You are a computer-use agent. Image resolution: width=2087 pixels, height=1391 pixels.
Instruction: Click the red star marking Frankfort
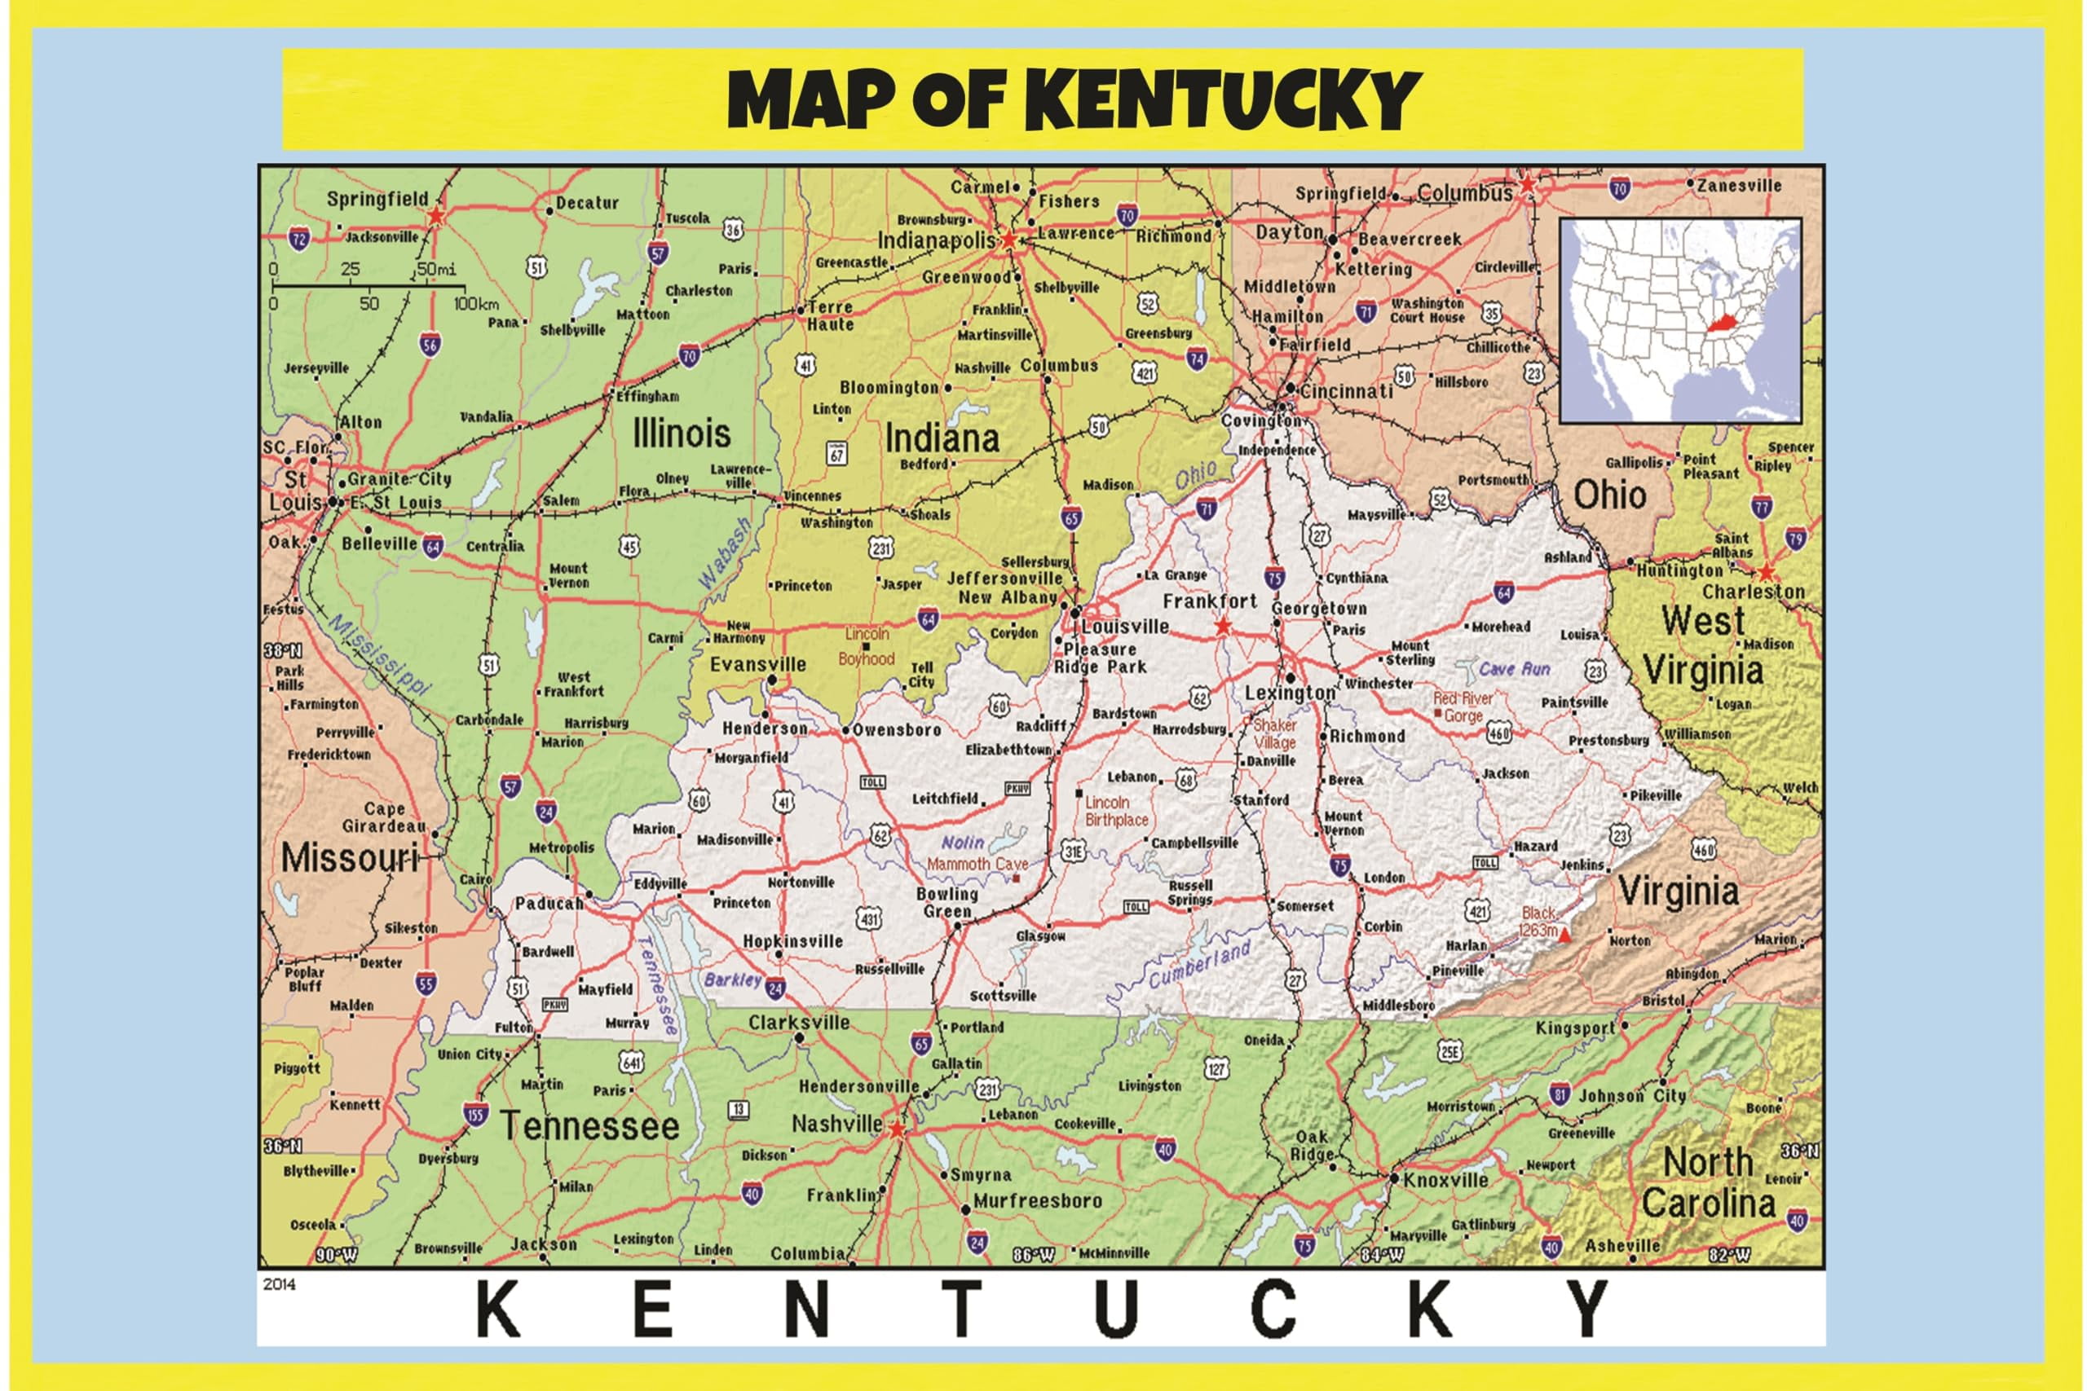[1223, 627]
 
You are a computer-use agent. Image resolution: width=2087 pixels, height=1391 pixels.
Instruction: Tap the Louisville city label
[1125, 627]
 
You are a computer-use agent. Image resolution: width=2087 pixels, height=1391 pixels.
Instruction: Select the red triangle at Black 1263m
[1565, 934]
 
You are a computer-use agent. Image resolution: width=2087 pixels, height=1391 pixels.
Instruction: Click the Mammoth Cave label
[977, 864]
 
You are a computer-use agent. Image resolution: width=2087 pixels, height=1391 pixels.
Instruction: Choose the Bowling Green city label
[946, 902]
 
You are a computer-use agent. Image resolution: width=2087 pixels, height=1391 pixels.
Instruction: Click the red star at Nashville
[897, 1129]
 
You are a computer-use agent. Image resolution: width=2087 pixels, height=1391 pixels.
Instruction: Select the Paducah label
[549, 904]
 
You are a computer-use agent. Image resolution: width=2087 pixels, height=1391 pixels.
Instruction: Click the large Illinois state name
[682, 434]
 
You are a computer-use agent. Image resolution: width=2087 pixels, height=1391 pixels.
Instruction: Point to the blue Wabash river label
[724, 553]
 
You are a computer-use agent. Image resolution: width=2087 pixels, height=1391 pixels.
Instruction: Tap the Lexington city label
[1289, 693]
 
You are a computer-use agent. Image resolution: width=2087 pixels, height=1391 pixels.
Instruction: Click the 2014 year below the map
[280, 1283]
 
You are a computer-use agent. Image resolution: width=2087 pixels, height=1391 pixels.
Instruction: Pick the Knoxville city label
[1445, 1180]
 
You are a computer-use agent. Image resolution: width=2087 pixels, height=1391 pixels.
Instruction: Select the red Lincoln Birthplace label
[1116, 811]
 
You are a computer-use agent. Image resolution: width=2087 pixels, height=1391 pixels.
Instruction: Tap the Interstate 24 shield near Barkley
[775, 988]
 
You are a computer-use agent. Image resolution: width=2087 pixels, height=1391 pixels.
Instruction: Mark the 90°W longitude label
[337, 1255]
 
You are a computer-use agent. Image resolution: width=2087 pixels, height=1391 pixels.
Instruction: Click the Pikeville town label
[1656, 796]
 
